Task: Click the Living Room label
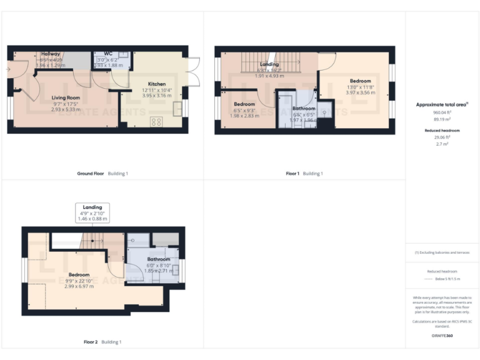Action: coord(65,97)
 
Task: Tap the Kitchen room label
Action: coord(156,84)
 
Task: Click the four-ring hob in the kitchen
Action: coord(156,121)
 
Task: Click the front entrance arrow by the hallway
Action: coord(8,69)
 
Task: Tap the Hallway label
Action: coord(50,54)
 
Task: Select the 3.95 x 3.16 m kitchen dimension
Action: coord(156,96)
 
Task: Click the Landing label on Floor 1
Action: coord(269,64)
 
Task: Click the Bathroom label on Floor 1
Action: coord(304,109)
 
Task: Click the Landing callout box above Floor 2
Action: coord(92,212)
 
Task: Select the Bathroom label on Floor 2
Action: coord(159,259)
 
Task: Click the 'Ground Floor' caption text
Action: coord(90,173)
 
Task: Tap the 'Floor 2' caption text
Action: coord(91,342)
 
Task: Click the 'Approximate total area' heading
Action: coord(441,105)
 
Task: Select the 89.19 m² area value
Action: coord(442,118)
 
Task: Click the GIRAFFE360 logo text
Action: coord(442,336)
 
